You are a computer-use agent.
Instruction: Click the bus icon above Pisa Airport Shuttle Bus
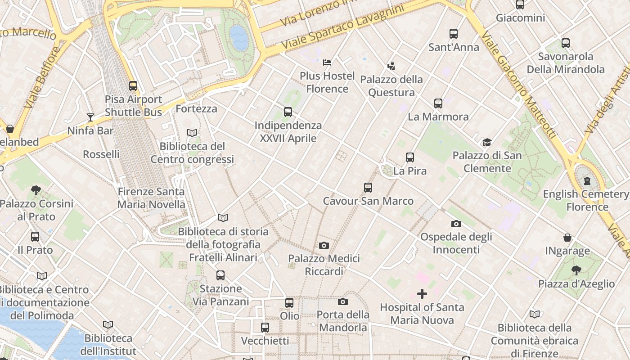[x=133, y=85]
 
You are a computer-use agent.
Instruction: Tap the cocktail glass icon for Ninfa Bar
[x=90, y=117]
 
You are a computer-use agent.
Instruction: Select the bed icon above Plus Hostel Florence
[x=327, y=62]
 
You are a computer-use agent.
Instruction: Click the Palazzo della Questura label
[x=391, y=86]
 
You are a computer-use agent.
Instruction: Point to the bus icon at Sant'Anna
[x=454, y=33]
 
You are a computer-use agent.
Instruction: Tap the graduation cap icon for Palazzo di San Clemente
[x=487, y=142]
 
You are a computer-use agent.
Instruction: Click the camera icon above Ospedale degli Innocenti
[x=456, y=224]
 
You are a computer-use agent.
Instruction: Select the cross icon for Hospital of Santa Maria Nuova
[x=422, y=294]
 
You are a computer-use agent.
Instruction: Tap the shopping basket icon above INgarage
[x=567, y=237]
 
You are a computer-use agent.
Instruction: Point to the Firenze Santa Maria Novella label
[x=151, y=198]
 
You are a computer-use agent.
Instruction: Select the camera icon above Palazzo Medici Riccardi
[x=324, y=245]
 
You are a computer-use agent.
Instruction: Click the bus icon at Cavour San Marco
[x=368, y=187]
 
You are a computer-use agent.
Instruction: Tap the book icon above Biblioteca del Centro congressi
[x=192, y=133]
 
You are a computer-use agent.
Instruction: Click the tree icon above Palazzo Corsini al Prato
[x=36, y=190]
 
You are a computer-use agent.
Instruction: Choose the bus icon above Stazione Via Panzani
[x=220, y=275]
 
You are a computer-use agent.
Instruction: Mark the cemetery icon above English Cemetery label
[x=587, y=181]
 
